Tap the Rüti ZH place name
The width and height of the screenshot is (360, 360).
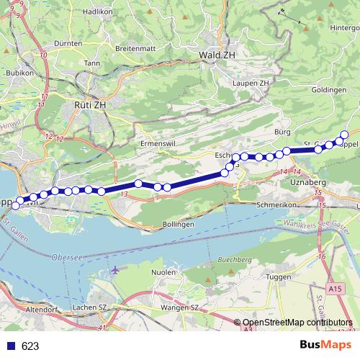tap(90, 104)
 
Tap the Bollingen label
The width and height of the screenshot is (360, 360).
tap(178, 225)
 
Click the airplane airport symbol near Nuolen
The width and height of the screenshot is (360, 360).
tap(116, 270)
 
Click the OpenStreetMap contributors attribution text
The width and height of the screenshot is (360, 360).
tap(296, 323)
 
